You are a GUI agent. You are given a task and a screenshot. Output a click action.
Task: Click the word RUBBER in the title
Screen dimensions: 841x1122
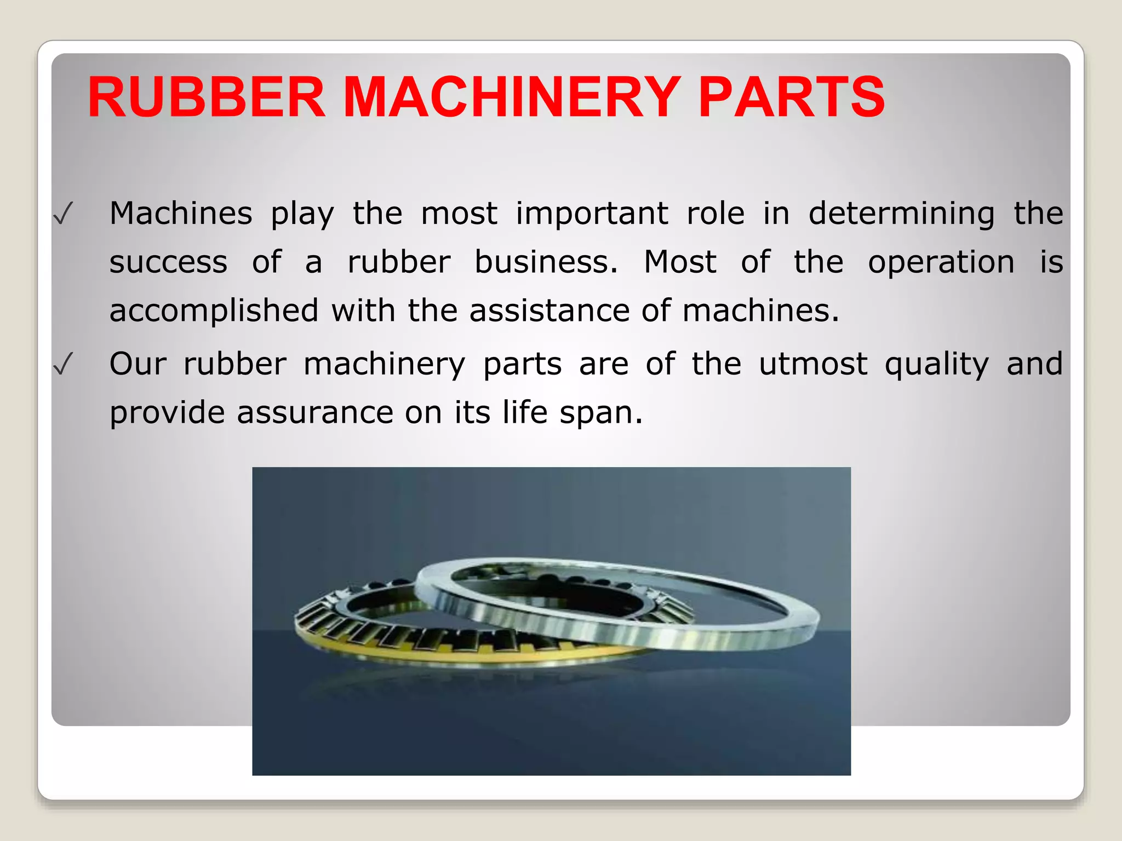tap(207, 97)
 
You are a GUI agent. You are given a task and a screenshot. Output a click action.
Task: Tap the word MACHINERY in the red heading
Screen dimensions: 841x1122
tap(512, 97)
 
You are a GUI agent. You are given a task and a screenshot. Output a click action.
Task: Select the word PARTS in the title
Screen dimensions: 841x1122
tap(791, 97)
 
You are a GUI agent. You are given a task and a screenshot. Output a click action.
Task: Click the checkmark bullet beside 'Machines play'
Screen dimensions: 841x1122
tap(63, 214)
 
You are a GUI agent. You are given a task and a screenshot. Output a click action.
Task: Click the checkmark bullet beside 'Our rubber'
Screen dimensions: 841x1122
tap(63, 365)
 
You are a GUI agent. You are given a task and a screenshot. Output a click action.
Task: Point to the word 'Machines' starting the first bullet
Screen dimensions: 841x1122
tap(181, 213)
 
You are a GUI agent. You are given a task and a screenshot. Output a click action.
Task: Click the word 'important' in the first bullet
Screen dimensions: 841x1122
tap(592, 214)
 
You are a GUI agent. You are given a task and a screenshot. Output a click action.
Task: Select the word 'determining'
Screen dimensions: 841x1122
tap(901, 214)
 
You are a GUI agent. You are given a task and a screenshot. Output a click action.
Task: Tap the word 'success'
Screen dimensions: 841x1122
tap(168, 262)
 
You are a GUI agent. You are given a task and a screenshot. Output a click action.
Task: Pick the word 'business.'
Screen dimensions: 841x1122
tap(546, 262)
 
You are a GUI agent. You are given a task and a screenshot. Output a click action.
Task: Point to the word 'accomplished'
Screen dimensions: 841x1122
tap(214, 311)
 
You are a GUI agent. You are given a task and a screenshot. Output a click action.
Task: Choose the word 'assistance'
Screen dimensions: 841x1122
tap(549, 310)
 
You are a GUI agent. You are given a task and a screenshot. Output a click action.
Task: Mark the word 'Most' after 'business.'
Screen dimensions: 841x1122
tap(680, 262)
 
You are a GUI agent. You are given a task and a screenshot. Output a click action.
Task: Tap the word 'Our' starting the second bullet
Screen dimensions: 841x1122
tap(138, 364)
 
